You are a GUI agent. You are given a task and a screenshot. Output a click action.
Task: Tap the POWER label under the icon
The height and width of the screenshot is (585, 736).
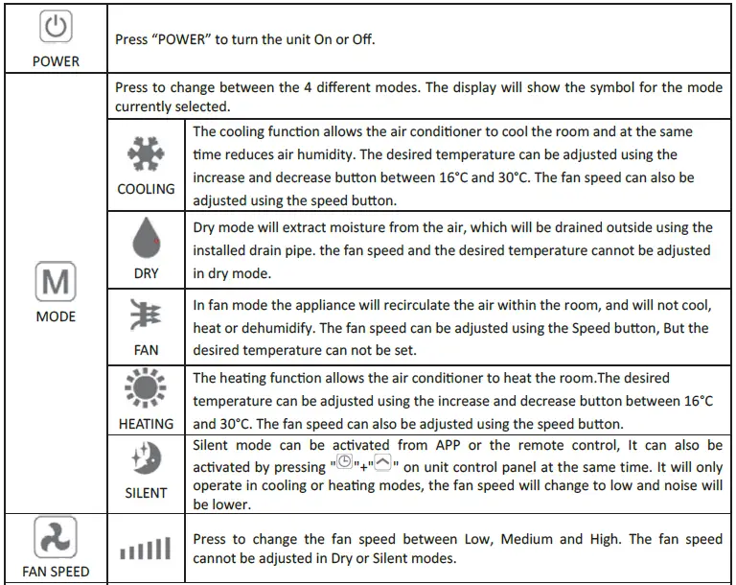(x=56, y=61)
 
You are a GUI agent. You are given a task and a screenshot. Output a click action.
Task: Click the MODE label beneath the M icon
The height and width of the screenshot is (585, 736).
(x=55, y=316)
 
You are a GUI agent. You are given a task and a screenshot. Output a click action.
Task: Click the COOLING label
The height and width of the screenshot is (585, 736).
(x=146, y=189)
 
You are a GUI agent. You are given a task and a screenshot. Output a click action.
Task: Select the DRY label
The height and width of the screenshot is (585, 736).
(x=146, y=273)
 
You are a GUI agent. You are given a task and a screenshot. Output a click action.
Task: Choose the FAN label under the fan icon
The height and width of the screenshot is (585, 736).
(x=146, y=350)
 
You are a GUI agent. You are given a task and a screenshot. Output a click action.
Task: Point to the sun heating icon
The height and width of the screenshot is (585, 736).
(x=146, y=390)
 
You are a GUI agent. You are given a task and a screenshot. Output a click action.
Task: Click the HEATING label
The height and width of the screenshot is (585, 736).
(x=146, y=423)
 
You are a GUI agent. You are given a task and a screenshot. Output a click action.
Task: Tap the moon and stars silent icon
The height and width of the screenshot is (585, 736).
(x=146, y=459)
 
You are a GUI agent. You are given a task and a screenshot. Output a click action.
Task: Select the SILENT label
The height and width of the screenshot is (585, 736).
(x=146, y=493)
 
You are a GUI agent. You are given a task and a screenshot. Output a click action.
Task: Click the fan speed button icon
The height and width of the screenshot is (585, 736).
(x=56, y=538)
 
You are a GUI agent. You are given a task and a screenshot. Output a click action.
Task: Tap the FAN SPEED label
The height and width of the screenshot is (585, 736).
(x=56, y=572)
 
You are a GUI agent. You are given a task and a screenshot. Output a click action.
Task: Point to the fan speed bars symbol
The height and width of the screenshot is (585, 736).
(x=146, y=550)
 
